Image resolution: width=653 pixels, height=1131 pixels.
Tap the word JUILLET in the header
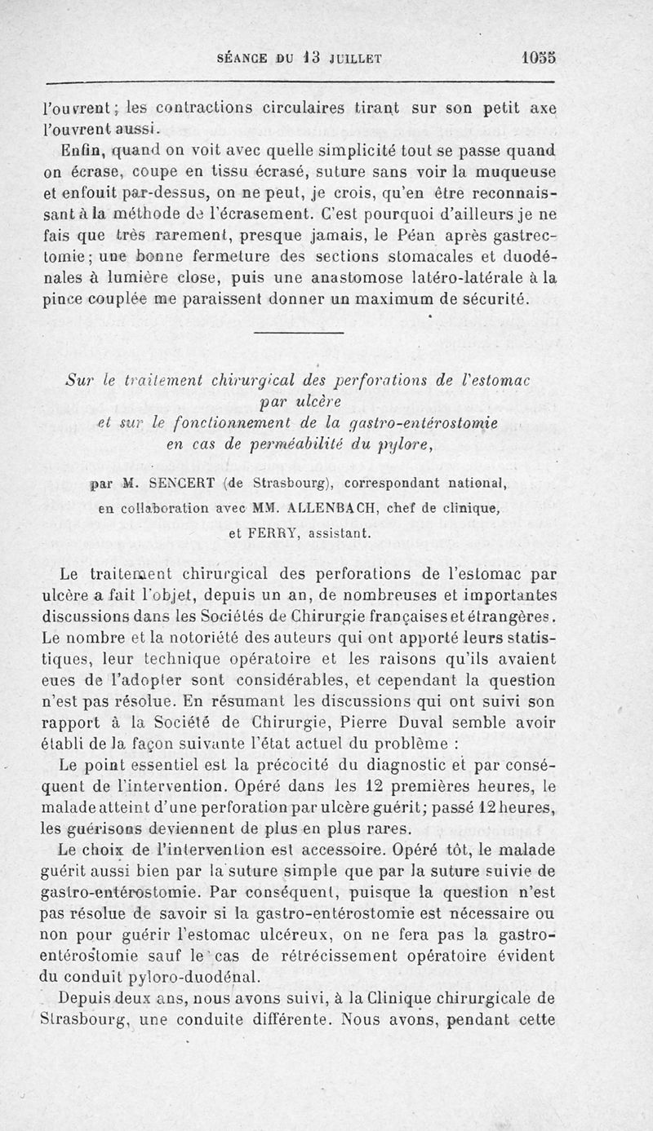(x=355, y=59)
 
